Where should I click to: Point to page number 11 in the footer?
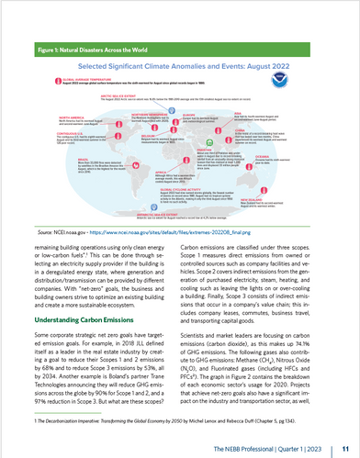pos(343,444)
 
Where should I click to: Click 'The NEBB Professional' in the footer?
pos(271,444)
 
